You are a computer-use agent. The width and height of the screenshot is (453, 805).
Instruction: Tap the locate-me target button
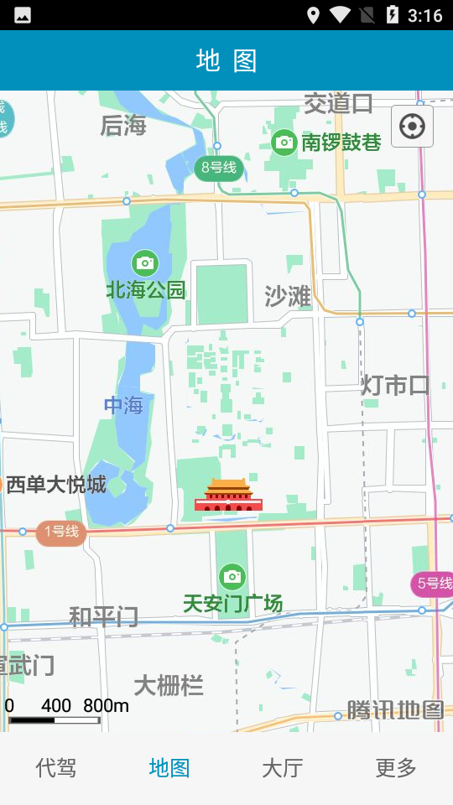click(x=412, y=127)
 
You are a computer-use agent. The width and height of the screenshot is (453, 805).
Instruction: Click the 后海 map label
click(x=123, y=126)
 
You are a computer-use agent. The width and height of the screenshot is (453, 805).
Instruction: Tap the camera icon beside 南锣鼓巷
click(x=284, y=142)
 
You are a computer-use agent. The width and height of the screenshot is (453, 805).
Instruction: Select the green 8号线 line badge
click(x=218, y=168)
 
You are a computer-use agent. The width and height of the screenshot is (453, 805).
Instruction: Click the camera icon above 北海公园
click(x=145, y=262)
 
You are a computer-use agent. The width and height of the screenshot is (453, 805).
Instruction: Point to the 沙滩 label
click(x=288, y=296)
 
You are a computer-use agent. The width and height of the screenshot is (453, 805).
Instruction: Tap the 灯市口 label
click(x=395, y=385)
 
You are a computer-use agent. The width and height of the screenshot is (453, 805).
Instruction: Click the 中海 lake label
click(x=123, y=406)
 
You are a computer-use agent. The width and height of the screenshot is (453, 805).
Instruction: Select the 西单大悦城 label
click(x=56, y=485)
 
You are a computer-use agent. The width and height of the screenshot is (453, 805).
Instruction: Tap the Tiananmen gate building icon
click(x=228, y=496)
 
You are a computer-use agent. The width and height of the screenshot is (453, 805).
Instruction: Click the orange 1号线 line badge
click(x=61, y=531)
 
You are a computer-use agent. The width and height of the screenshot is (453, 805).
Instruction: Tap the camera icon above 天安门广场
click(x=232, y=576)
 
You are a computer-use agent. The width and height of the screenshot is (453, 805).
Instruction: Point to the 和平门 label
click(x=103, y=617)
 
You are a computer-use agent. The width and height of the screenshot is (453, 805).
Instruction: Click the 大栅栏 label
click(x=169, y=685)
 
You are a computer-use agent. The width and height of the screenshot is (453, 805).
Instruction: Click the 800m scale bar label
click(x=106, y=705)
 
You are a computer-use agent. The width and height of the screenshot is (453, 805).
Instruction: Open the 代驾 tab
click(x=56, y=767)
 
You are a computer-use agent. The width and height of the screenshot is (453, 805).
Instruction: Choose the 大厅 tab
click(x=283, y=767)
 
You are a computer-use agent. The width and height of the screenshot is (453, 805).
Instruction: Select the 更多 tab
click(x=396, y=767)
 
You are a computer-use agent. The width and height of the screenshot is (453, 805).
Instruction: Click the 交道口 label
click(x=338, y=104)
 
